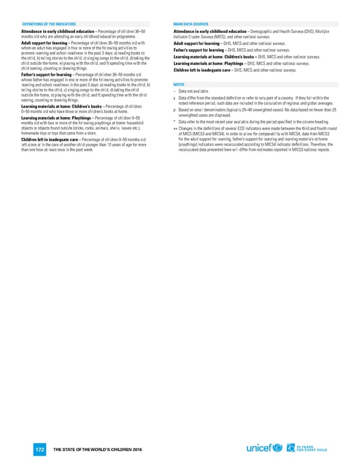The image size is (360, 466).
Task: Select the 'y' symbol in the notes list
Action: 173,98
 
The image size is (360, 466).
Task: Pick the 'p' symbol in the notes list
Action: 173,110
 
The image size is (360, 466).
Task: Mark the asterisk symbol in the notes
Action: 173,122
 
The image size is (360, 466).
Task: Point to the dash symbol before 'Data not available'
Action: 173,91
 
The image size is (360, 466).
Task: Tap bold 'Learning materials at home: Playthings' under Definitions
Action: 55,118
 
